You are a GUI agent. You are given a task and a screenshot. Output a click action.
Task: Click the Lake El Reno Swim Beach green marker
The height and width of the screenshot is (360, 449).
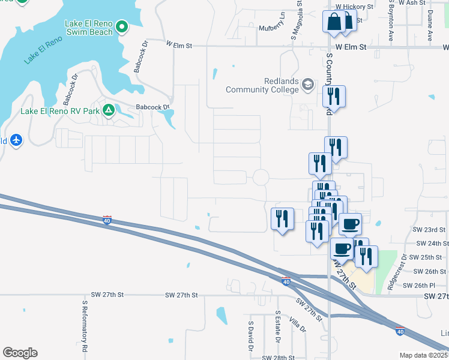point(122,26)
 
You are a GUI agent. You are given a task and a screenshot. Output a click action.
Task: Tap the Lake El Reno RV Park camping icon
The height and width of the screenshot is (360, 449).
point(109,110)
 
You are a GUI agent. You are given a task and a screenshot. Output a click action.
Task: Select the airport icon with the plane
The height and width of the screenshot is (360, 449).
point(16,140)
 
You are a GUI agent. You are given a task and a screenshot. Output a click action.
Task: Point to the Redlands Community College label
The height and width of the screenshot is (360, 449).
point(262,85)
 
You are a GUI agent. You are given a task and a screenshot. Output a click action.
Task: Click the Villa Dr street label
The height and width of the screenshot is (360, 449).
point(297,325)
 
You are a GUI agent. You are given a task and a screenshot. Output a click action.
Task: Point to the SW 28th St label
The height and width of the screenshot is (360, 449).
point(278,357)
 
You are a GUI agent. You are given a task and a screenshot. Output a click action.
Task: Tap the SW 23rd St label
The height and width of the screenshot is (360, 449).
point(429,230)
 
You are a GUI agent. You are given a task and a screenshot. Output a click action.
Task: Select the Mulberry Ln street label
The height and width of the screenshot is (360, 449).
point(272,28)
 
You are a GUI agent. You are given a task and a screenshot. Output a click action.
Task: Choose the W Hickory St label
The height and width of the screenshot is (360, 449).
point(354,5)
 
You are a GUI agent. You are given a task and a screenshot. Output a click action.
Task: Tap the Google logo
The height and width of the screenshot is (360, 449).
point(20,353)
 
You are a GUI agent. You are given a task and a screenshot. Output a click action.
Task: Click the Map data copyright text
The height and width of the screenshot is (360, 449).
point(423,355)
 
